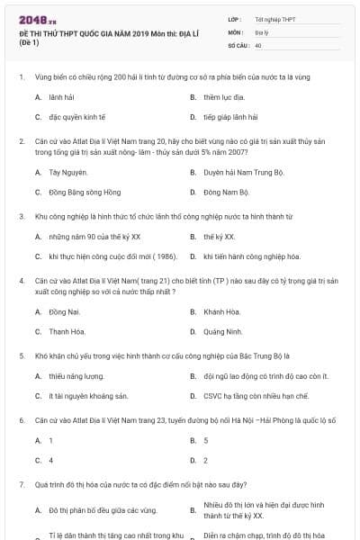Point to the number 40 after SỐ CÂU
[258, 44]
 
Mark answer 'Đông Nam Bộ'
[226, 193]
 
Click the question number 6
[21, 420]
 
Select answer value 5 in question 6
[206, 440]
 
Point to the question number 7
[21, 485]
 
